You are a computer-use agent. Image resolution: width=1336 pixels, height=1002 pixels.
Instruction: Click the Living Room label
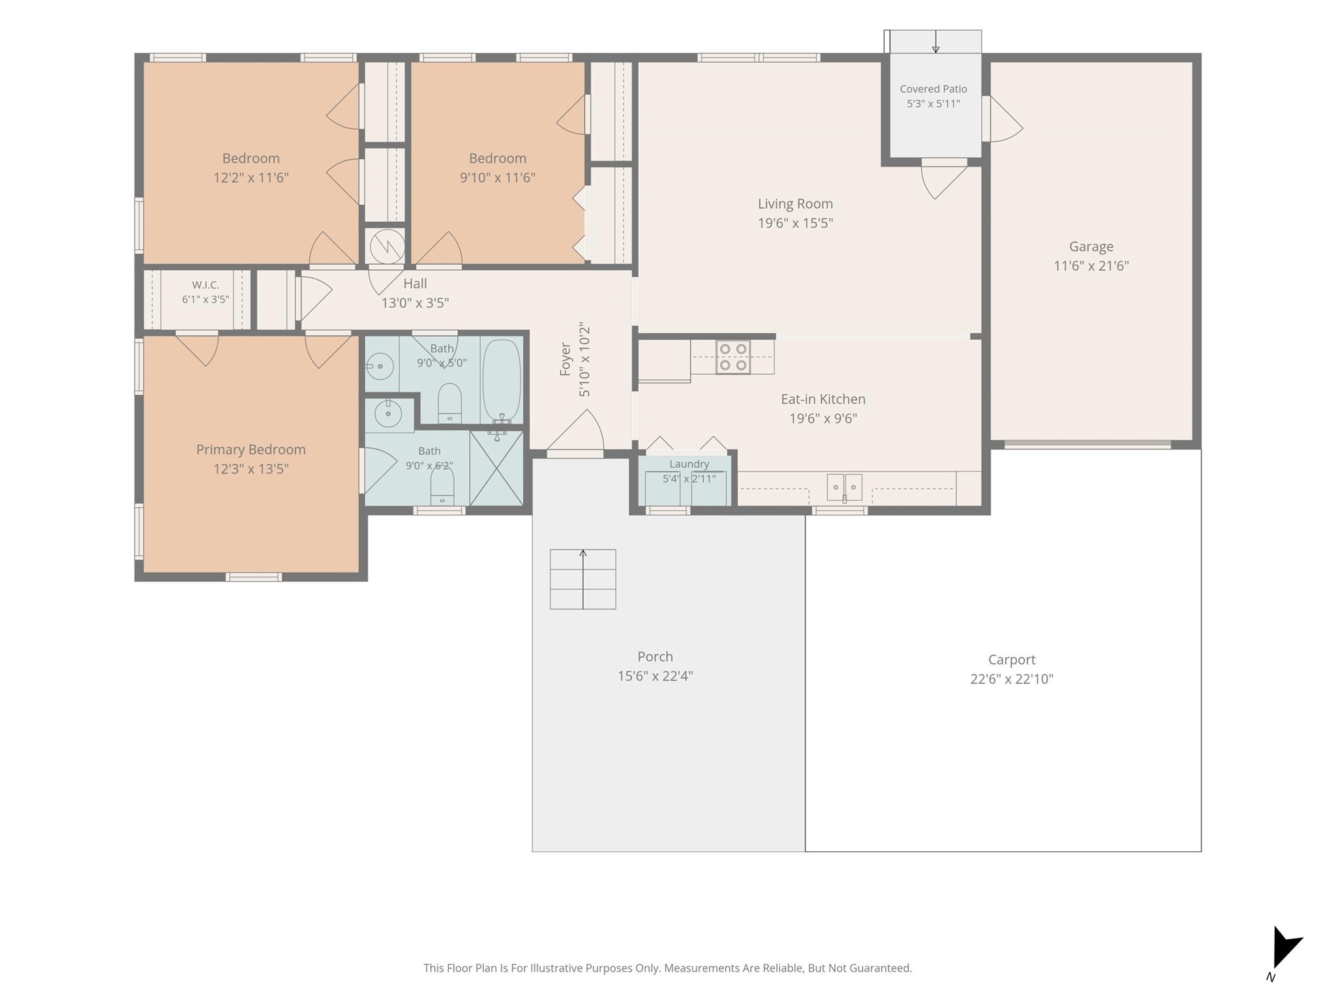pos(795,204)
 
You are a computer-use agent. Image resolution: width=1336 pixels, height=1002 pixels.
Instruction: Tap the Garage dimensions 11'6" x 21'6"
pos(1091,266)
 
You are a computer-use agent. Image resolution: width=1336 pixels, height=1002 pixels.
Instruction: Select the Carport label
pos(1011,660)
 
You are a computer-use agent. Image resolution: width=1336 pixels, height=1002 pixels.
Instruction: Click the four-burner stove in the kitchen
pos(733,357)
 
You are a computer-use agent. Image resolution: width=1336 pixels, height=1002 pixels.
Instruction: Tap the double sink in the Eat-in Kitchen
pos(844,487)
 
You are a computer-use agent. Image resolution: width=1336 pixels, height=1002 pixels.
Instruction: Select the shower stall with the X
pos(496,468)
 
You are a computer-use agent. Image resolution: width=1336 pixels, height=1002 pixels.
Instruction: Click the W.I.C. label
pos(205,285)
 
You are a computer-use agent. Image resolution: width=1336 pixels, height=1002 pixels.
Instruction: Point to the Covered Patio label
pos(934,89)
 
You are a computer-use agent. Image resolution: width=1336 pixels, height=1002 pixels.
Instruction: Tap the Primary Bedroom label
pos(251,449)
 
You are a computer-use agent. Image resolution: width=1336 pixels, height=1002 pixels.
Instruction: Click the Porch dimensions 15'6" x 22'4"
pos(655,676)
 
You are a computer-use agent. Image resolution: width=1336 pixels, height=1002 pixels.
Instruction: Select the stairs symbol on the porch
pos(583,579)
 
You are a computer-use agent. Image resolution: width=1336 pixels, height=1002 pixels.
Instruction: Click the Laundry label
pos(689,464)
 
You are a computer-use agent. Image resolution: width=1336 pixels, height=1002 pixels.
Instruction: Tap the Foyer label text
pos(566,359)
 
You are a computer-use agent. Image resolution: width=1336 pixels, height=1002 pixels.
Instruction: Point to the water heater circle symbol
pos(387,247)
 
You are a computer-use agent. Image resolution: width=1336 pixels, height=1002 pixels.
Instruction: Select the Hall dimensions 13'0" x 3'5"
pos(415,303)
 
